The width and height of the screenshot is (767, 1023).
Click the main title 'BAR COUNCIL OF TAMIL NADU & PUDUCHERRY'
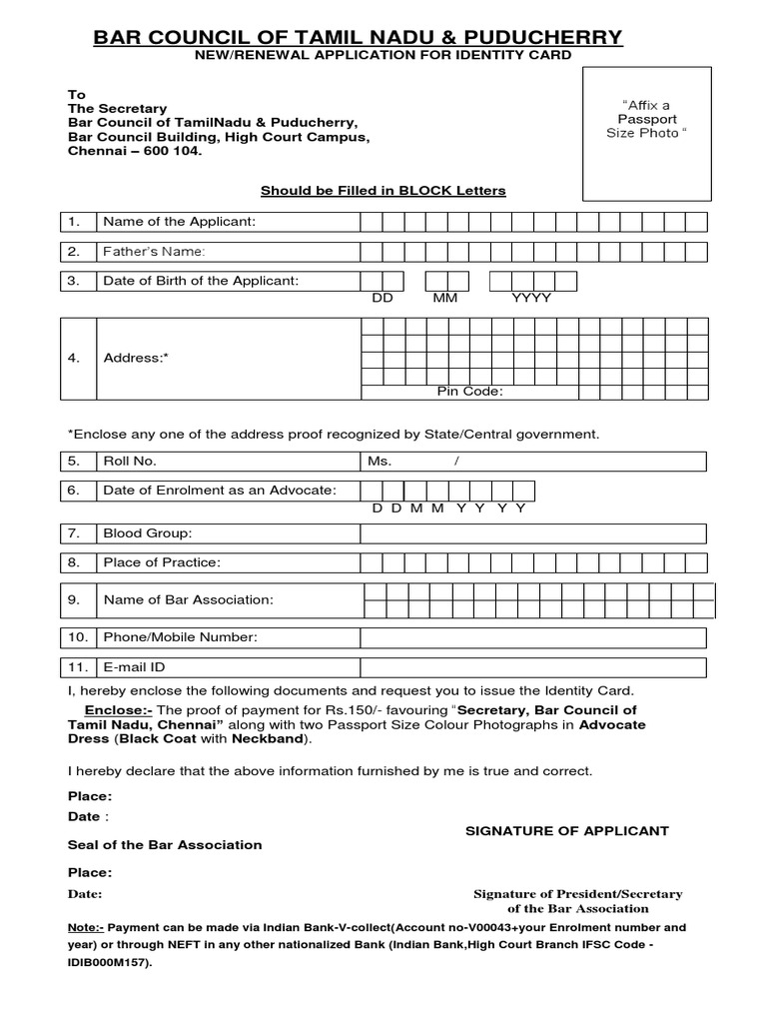pyautogui.click(x=357, y=37)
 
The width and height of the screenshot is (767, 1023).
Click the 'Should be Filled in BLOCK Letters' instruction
pyautogui.click(x=383, y=190)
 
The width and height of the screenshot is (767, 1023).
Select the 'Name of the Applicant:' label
pyautogui.click(x=180, y=221)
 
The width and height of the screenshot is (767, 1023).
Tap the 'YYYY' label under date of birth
pyautogui.click(x=530, y=298)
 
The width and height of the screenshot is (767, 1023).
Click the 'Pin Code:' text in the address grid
pyautogui.click(x=469, y=391)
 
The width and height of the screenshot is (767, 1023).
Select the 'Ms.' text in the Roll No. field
pyautogui.click(x=380, y=461)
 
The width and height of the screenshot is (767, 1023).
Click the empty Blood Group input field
pyautogui.click(x=532, y=533)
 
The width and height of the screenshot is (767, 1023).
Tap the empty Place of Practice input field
pyautogui.click(x=532, y=562)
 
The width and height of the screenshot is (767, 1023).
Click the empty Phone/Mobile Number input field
pyautogui.click(x=532, y=637)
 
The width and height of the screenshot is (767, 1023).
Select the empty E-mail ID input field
pyautogui.click(x=532, y=666)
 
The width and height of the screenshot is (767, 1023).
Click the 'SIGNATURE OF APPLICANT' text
pyautogui.click(x=567, y=830)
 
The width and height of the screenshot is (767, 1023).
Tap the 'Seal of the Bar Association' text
pyautogui.click(x=165, y=844)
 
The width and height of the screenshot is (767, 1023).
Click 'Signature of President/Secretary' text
pyautogui.click(x=577, y=894)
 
